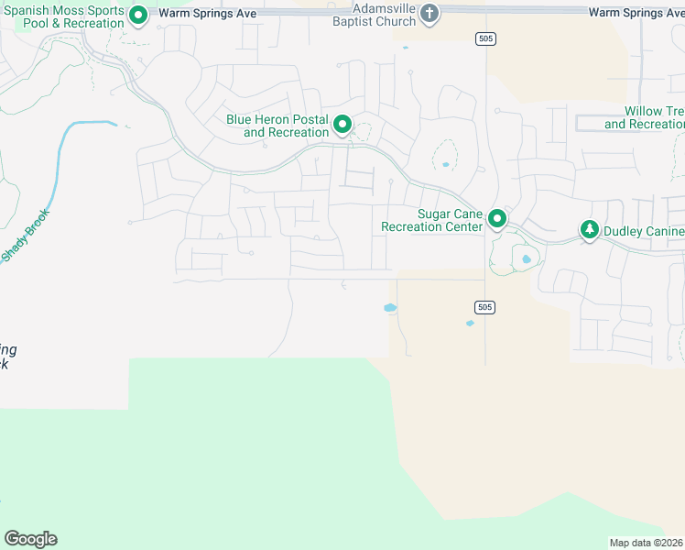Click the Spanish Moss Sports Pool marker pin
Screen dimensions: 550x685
coord(138,15)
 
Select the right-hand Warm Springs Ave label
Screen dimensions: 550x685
coord(636,13)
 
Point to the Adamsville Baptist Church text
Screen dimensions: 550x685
coord(372,15)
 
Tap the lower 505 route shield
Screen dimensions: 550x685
coord(485,307)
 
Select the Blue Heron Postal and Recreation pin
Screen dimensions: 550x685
coord(342,124)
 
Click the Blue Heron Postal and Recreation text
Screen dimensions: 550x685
coord(277,126)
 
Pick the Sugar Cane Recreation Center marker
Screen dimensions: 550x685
coord(497,218)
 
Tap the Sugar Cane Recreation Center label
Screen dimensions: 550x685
coord(431,220)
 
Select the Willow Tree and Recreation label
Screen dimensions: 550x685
coord(645,118)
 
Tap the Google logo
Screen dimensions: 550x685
coord(30,539)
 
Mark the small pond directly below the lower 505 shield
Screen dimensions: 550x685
coord(471,323)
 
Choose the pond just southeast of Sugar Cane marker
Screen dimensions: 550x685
coord(526,259)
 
